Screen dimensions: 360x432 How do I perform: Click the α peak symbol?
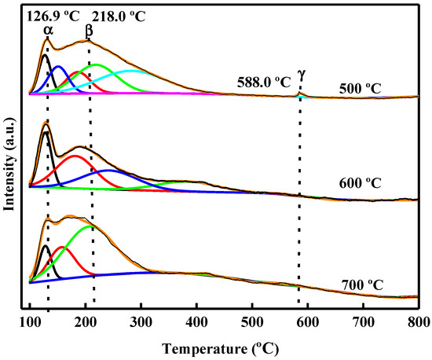[48, 30]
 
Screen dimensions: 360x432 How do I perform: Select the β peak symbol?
[89, 30]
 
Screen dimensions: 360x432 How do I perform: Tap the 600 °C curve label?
[360, 184]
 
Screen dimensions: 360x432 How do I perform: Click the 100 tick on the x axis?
[30, 321]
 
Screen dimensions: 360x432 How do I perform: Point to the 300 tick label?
[141, 321]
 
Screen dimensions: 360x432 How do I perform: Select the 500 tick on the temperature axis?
[252, 321]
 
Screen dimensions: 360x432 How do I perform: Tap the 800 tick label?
[418, 321]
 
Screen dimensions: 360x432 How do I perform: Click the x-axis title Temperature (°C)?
[224, 345]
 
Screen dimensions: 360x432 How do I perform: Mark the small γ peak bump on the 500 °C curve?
[298, 94]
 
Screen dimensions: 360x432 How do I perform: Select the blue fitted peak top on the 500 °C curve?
[57, 67]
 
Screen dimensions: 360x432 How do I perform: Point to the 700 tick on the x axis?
[363, 321]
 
